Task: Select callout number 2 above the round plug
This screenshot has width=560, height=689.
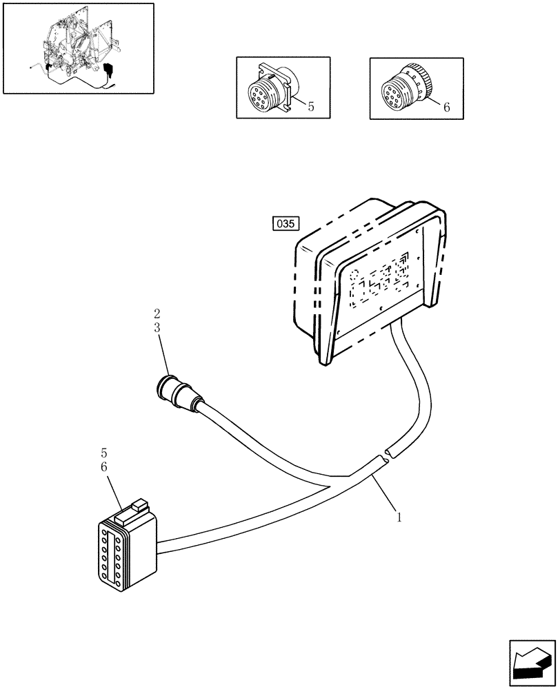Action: [157, 314]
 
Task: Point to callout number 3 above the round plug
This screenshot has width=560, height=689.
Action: [157, 328]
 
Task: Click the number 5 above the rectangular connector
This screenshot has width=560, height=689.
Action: [103, 453]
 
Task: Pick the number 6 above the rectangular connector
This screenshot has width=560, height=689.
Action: [103, 467]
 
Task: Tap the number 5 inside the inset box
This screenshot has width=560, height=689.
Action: [311, 107]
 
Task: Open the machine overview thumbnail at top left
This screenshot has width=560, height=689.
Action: [78, 48]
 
